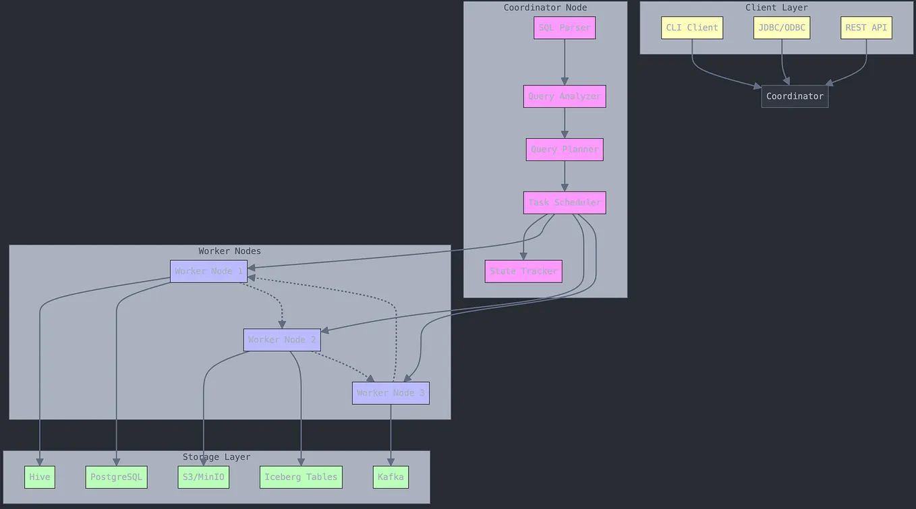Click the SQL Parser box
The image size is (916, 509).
click(x=564, y=28)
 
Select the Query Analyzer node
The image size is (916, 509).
click(x=564, y=96)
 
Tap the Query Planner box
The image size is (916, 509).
click(x=564, y=149)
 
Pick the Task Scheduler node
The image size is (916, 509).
click(x=564, y=202)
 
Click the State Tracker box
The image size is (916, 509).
click(x=523, y=271)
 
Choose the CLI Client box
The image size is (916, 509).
click(x=691, y=28)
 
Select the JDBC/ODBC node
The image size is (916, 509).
click(x=781, y=28)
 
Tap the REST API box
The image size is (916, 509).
click(x=865, y=28)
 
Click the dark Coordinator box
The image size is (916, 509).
click(x=795, y=96)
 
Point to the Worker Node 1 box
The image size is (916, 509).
click(x=208, y=271)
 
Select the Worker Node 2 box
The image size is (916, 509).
click(x=281, y=340)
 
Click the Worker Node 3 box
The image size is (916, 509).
click(x=390, y=393)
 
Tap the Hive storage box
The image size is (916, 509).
click(x=40, y=477)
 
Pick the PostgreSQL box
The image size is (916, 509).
click(x=116, y=477)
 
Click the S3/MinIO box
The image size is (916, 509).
click(x=203, y=477)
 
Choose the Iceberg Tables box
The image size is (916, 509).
click(x=301, y=477)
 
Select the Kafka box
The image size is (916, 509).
click(x=390, y=477)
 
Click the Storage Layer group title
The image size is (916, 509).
click(x=216, y=457)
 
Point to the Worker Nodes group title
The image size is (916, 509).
click(x=229, y=251)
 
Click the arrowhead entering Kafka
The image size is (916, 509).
click(x=390, y=462)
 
